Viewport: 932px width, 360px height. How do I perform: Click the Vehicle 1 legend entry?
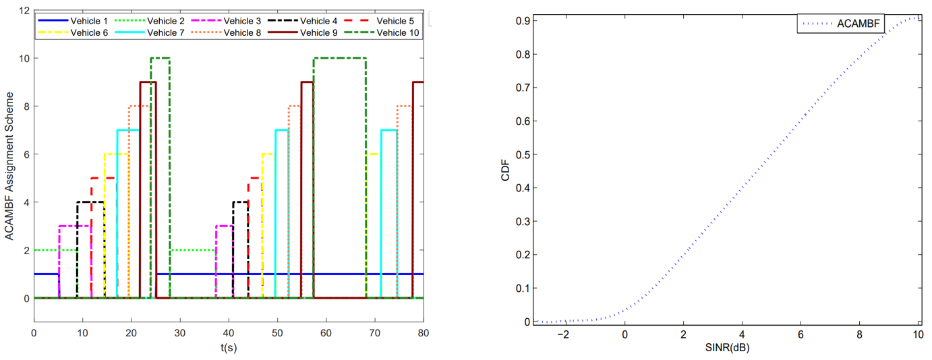[x=88, y=20]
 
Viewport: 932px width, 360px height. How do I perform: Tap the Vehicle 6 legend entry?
[x=88, y=32]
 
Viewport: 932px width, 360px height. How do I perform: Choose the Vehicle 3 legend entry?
[x=241, y=20]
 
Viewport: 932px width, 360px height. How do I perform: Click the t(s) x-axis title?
[x=228, y=348]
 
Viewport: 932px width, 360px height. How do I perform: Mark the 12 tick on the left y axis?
[x=24, y=11]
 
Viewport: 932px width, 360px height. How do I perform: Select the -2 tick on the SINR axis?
[x=565, y=336]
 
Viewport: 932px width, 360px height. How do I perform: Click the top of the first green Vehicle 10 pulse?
[x=161, y=58]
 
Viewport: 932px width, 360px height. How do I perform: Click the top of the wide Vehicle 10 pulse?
[x=339, y=58]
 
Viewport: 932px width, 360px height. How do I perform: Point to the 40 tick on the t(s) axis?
[x=229, y=332]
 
